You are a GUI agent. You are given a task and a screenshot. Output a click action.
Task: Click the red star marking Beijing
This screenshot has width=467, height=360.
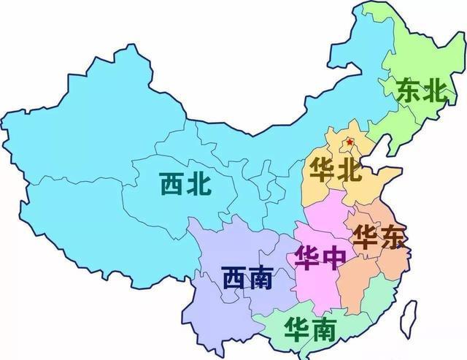tap(350, 141)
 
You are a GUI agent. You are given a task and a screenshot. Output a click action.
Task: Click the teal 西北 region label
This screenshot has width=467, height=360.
tap(186, 183)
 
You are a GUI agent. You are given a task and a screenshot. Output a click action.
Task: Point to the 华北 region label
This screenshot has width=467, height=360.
tap(336, 172)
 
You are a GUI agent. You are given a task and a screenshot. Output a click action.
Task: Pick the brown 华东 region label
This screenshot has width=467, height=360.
tap(377, 237)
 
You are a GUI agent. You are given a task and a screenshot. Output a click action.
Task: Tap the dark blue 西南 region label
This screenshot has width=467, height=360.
tap(247, 278)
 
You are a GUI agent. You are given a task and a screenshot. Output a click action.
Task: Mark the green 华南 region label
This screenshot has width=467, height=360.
tap(312, 330)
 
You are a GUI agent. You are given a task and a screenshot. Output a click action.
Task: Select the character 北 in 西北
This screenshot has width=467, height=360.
tap(200, 183)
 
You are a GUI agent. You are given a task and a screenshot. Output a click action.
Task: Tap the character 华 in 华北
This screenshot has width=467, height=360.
tap(322, 172)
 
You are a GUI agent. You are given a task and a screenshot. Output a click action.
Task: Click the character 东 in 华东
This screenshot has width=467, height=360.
tap(391, 238)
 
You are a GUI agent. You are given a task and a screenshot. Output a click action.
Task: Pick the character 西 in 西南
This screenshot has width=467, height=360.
tap(233, 278)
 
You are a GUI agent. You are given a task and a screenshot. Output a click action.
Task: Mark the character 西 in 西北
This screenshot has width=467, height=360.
tap(172, 183)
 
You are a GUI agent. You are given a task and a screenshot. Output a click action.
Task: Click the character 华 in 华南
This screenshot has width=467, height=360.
tap(298, 329)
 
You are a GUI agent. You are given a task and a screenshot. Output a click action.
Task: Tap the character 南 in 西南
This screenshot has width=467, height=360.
tap(260, 278)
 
